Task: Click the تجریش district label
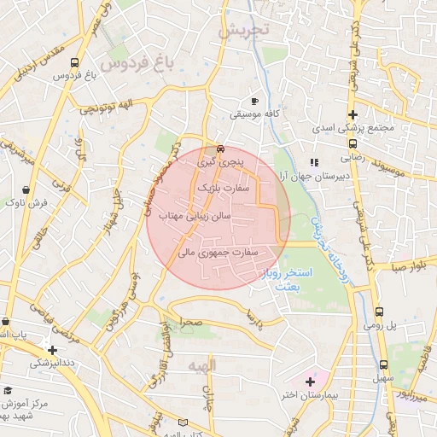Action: [243, 31]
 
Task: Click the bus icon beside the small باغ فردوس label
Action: [75, 63]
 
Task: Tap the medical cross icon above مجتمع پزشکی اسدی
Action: [352, 115]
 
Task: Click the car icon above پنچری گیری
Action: [220, 147]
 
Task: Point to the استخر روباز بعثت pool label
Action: [294, 280]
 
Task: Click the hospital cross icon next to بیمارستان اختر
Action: [309, 381]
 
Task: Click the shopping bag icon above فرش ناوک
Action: [26, 189]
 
